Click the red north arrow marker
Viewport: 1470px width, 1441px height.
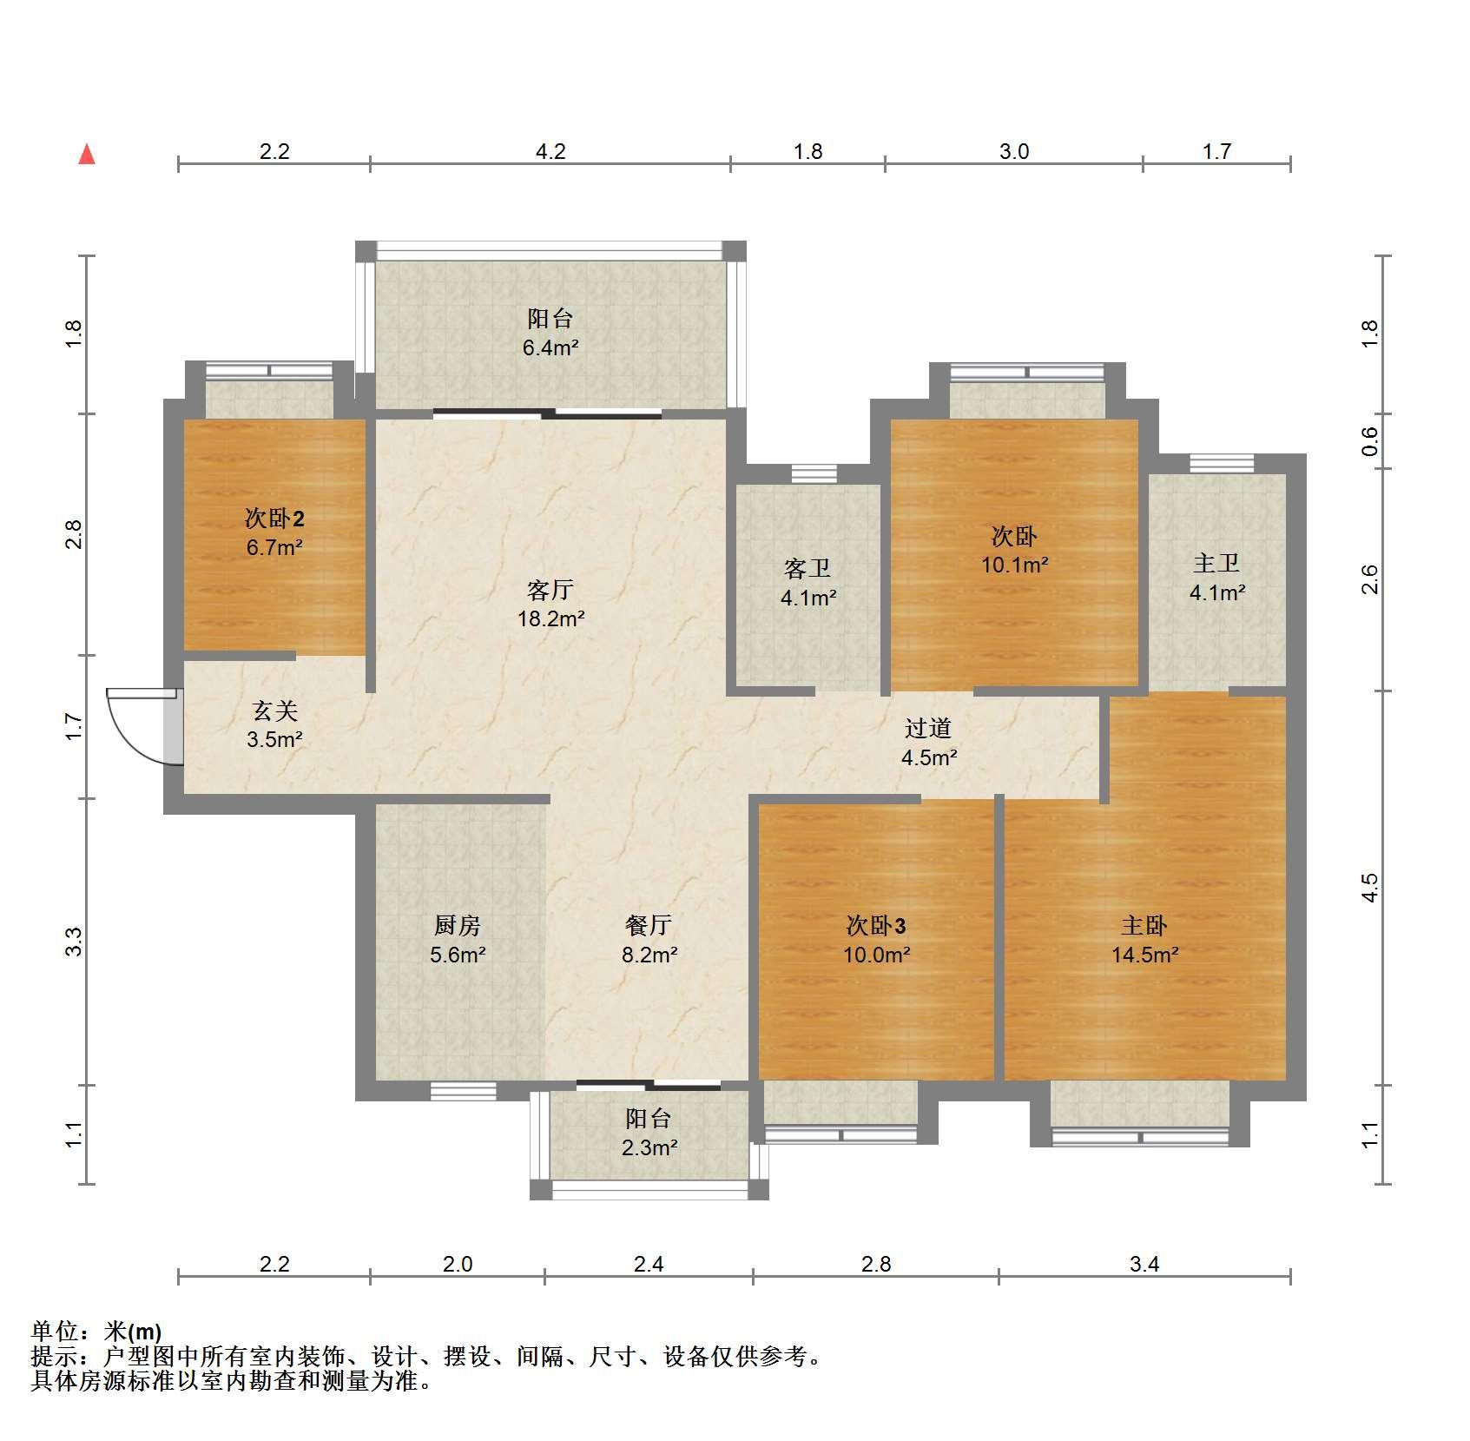pyautogui.click(x=87, y=155)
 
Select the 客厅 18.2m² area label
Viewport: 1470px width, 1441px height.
pyautogui.click(x=550, y=605)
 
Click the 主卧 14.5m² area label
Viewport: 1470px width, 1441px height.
pyautogui.click(x=1144, y=941)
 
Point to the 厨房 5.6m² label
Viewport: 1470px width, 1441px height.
pyautogui.click(x=457, y=941)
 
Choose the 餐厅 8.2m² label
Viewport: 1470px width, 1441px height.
pyautogui.click(x=649, y=941)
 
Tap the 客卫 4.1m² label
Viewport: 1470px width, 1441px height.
pyautogui.click(x=808, y=583)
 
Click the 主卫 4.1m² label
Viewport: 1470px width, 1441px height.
pyautogui.click(x=1216, y=578)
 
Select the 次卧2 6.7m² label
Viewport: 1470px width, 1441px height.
pyautogui.click(x=274, y=532)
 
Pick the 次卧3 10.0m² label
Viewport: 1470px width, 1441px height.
pyautogui.click(x=876, y=941)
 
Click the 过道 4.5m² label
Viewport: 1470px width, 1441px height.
pyautogui.click(x=928, y=743)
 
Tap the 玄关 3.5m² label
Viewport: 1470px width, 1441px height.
pyautogui.click(x=274, y=725)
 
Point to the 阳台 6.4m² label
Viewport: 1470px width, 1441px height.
pyautogui.click(x=550, y=333)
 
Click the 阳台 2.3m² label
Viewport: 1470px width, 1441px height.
pyautogui.click(x=649, y=1133)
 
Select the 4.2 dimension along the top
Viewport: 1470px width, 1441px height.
pyautogui.click(x=550, y=152)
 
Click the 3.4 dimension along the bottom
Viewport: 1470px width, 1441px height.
pyautogui.click(x=1144, y=1264)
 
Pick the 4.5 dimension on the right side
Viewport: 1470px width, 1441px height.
pyautogui.click(x=1369, y=888)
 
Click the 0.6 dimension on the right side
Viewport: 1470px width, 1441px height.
pyautogui.click(x=1369, y=441)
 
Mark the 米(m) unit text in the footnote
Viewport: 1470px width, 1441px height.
pyautogui.click(x=133, y=1332)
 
